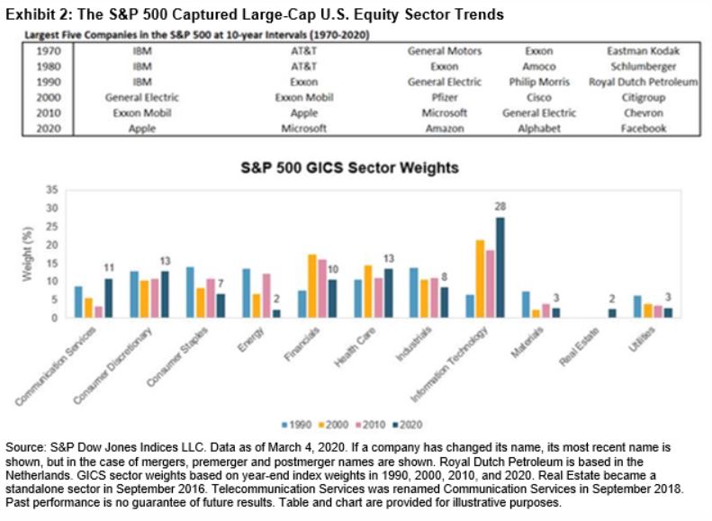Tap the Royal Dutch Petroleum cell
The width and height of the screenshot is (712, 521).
click(x=644, y=82)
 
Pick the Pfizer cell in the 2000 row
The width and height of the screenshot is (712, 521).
click(x=445, y=97)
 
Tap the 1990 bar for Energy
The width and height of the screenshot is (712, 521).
click(x=246, y=293)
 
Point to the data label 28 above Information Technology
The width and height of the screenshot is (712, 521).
click(x=500, y=206)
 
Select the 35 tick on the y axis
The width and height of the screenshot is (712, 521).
click(x=50, y=190)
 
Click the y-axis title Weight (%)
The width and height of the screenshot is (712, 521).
click(x=26, y=254)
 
